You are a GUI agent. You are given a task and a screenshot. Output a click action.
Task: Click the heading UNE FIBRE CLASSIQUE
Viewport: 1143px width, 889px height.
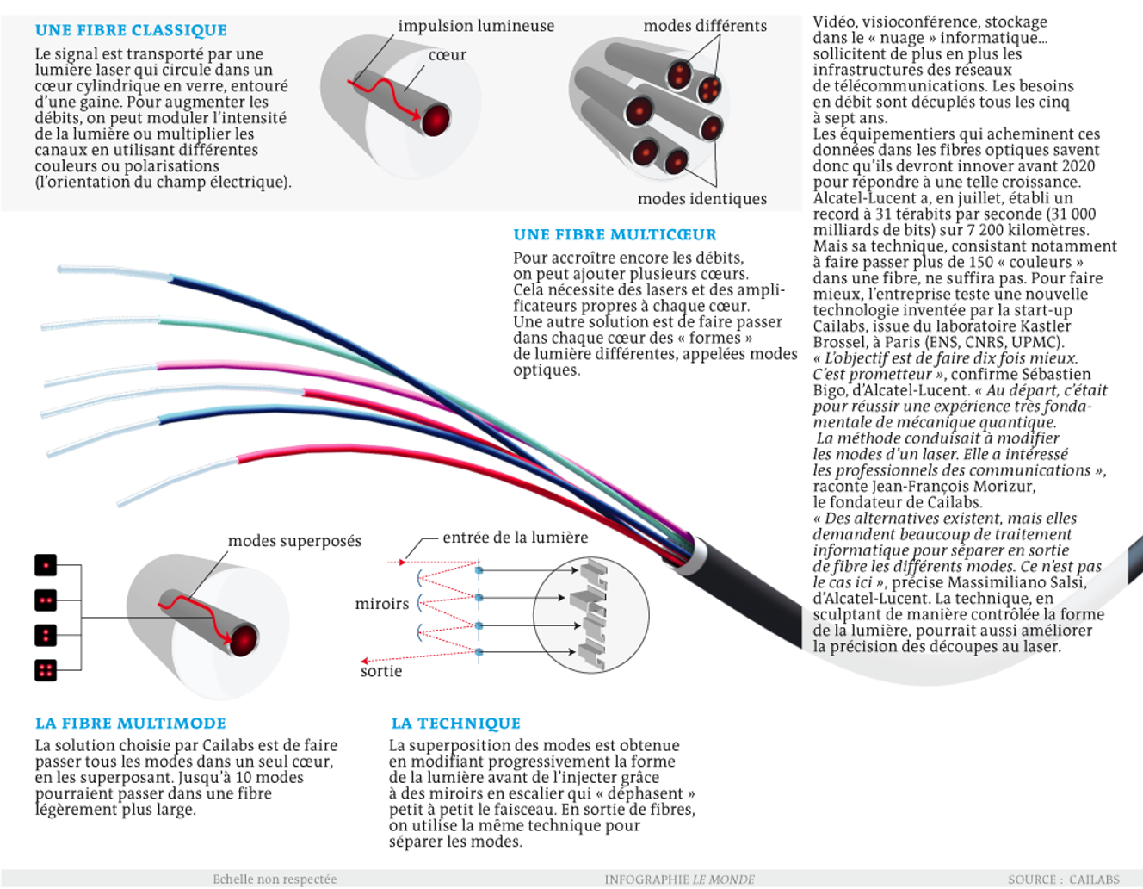point(131,30)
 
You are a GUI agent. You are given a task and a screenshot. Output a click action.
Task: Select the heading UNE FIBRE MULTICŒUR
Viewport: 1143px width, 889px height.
point(615,234)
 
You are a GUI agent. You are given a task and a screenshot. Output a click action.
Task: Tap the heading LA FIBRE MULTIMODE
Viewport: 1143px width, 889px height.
point(131,724)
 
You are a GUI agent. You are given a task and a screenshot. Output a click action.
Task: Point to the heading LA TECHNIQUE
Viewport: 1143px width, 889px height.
point(455,724)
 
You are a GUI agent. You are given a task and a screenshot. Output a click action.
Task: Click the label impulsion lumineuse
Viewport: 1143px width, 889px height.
point(476,26)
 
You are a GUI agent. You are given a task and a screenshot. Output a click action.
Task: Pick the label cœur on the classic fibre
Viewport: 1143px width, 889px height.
point(447,55)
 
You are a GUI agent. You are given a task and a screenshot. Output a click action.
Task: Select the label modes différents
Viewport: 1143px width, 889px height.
point(705,26)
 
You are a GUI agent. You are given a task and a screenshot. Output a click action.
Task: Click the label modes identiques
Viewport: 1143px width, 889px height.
point(701,199)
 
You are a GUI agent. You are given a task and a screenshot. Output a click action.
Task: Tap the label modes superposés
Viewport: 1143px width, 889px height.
point(294,541)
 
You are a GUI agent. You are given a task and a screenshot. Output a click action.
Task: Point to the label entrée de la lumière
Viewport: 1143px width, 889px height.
point(515,538)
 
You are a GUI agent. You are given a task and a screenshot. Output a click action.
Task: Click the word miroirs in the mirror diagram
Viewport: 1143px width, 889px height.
point(381,604)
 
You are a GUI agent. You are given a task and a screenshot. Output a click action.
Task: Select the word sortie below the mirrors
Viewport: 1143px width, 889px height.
point(381,671)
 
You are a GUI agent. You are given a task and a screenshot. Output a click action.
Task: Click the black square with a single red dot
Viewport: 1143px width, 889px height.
point(46,565)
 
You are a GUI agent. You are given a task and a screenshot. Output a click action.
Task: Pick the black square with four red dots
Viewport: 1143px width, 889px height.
point(46,670)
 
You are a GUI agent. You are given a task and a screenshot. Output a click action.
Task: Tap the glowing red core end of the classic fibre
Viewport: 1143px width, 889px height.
point(436,119)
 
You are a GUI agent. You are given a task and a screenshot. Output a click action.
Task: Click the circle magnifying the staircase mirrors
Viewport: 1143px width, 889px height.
point(590,615)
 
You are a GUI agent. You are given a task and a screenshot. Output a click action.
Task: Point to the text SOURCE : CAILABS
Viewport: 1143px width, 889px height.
point(1064,880)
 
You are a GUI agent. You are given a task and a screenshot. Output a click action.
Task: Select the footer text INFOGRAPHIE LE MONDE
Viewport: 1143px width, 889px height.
point(679,880)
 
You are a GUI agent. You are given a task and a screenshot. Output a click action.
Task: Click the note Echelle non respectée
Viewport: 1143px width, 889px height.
point(275,880)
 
